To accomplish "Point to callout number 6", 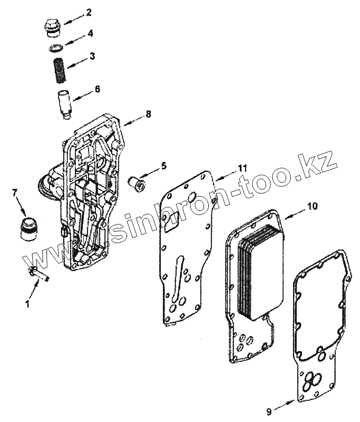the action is click(97, 89).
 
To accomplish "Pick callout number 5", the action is click(163, 166).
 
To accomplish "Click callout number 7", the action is click(14, 193).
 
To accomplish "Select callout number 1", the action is click(28, 304).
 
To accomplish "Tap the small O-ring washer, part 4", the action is click(55, 48).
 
